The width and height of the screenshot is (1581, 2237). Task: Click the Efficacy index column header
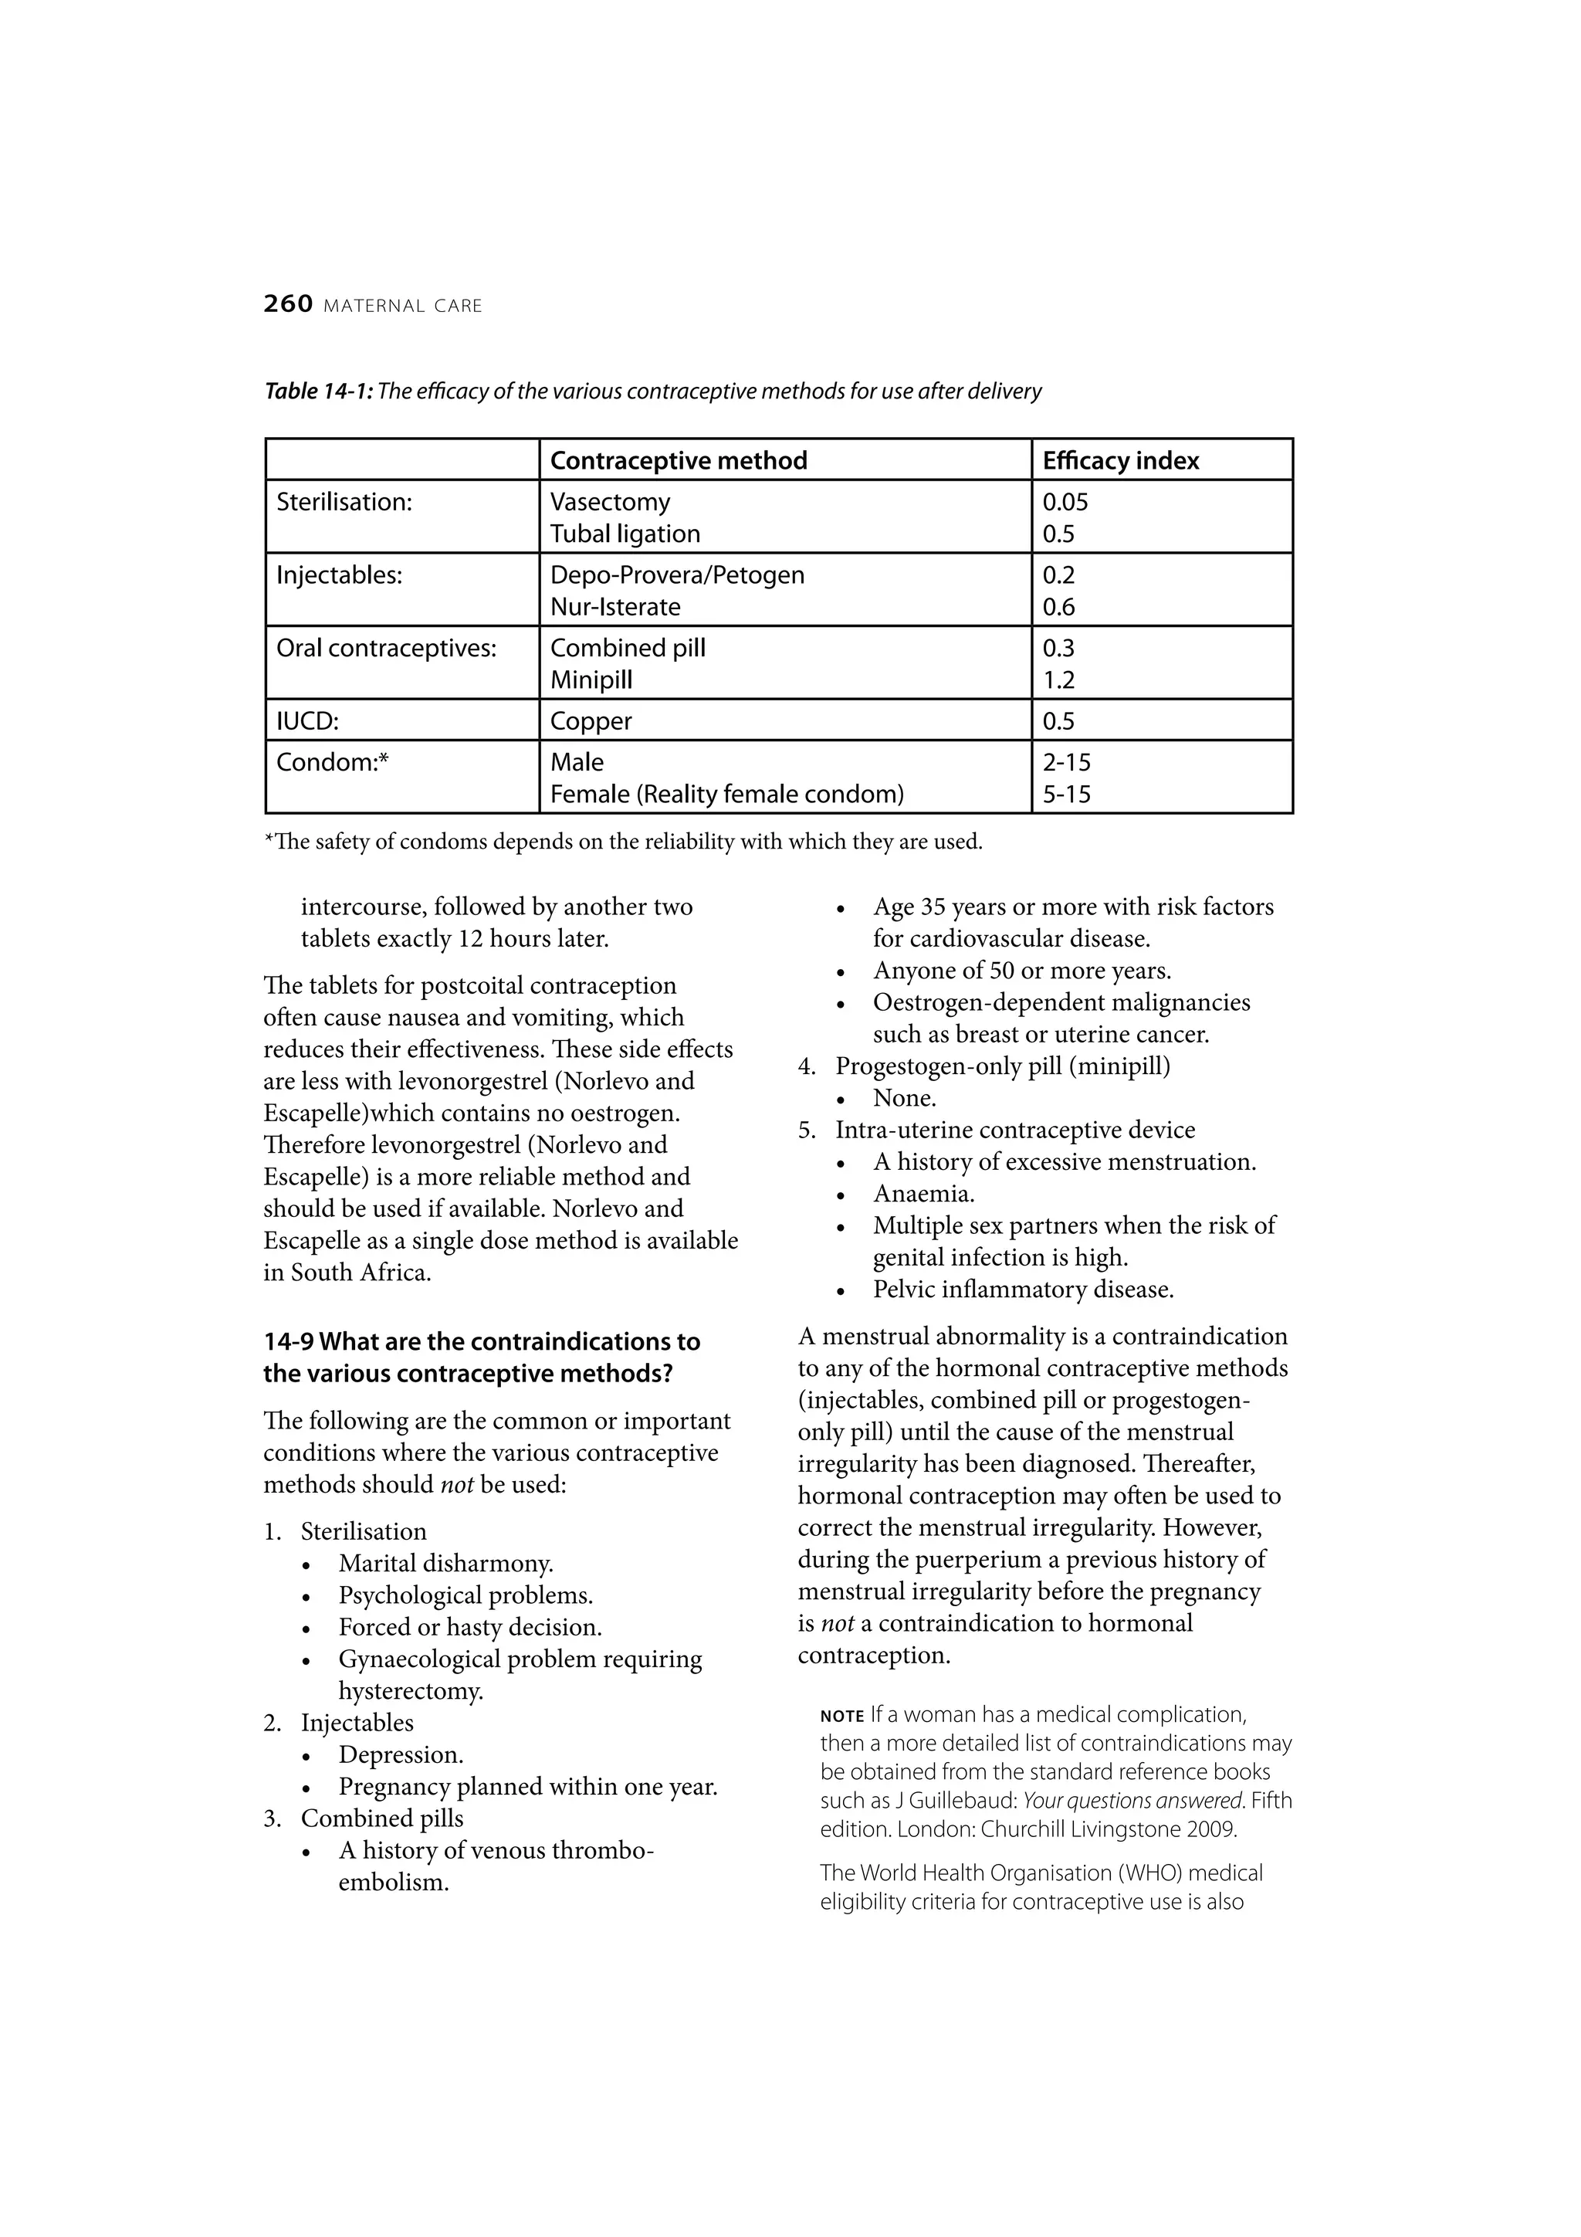coord(1120,461)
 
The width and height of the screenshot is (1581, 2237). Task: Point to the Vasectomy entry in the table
coord(610,502)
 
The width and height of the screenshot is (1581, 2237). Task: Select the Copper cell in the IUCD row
coord(591,721)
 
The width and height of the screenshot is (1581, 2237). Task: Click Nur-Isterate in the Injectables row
coord(614,607)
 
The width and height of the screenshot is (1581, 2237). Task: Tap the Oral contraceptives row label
coord(386,648)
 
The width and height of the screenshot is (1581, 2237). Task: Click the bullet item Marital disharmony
coord(445,1564)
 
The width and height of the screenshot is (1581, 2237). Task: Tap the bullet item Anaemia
coord(923,1194)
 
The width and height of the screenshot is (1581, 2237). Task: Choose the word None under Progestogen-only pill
coord(904,1098)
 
